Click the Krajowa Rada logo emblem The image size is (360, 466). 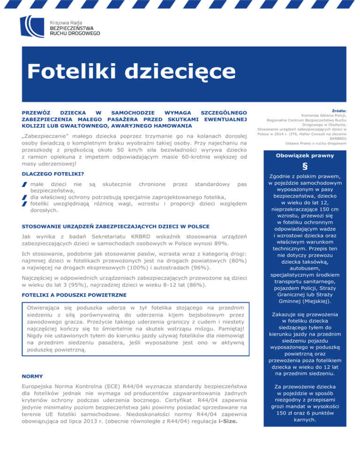tap(31, 28)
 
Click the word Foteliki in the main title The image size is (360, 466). tap(71, 71)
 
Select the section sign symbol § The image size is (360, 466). tap(305, 167)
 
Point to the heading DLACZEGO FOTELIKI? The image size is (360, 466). tap(52, 173)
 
